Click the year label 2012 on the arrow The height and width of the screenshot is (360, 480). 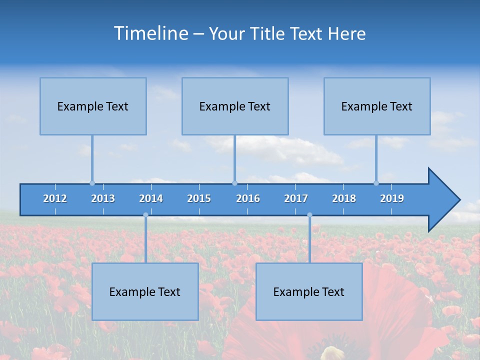55,198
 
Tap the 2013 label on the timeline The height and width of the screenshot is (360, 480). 103,198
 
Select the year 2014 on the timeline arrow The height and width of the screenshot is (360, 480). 151,198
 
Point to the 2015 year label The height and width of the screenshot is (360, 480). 199,198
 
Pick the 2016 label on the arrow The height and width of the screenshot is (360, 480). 248,198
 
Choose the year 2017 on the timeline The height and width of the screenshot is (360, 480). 296,198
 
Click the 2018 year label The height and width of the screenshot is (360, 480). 344,198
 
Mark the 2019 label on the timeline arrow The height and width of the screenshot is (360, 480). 392,198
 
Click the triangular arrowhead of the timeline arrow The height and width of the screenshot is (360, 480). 443,200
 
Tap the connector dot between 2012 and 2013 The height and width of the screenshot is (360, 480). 92,183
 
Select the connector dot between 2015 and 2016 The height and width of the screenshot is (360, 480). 234,183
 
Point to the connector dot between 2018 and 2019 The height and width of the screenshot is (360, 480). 376,183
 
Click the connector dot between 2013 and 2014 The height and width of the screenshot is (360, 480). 145,215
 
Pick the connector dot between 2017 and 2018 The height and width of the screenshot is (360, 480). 309,215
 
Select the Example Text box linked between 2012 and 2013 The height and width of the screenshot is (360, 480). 93,106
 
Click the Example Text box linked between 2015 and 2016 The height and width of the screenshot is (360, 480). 235,106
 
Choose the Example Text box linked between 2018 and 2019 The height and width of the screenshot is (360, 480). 377,106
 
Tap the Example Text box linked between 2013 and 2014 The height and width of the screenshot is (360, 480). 145,292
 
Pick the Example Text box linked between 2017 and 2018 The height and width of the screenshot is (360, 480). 309,292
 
